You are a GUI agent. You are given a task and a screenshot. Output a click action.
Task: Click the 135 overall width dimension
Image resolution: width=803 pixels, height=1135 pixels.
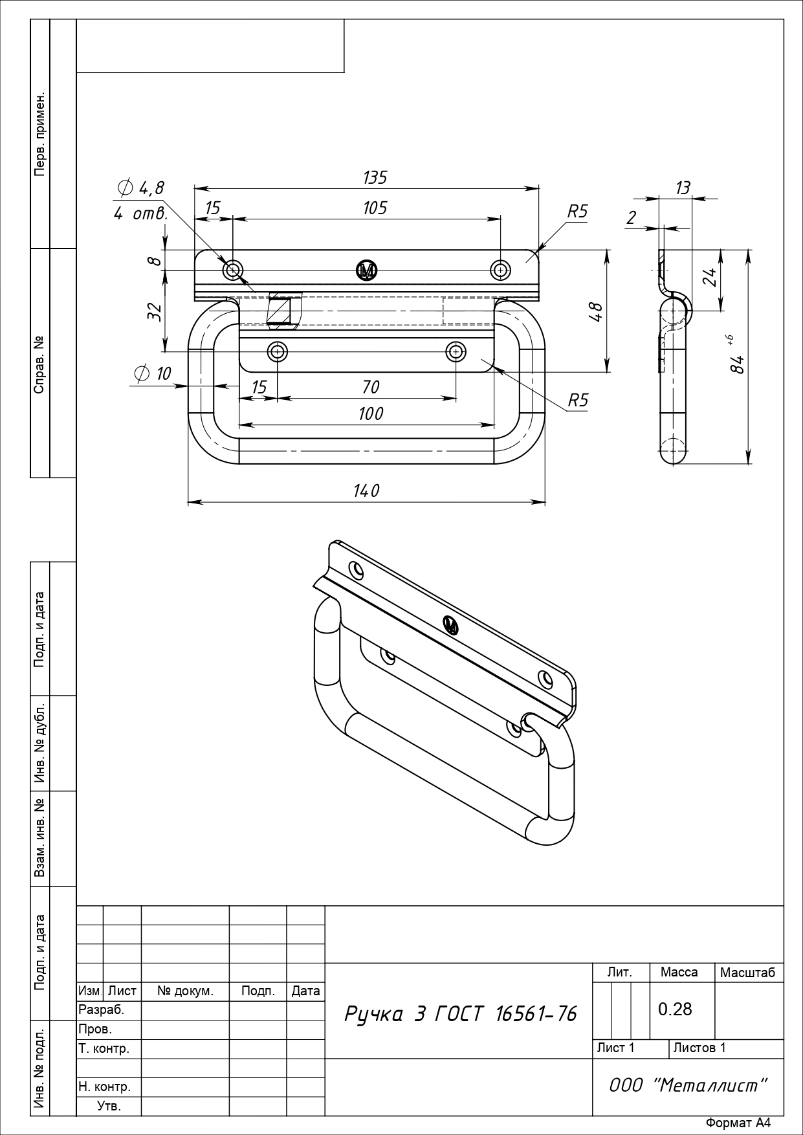click(375, 177)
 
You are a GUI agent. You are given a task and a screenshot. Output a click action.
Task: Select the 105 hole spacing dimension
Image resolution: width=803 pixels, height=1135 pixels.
click(375, 208)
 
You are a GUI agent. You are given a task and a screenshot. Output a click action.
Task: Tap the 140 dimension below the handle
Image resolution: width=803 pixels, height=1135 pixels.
click(366, 491)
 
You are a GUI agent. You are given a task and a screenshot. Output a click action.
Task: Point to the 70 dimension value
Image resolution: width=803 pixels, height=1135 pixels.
click(371, 387)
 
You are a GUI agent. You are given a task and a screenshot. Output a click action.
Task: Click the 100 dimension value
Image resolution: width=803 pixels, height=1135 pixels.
click(371, 413)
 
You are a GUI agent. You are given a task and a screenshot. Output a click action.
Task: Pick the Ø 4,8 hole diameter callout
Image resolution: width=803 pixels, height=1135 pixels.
click(140, 188)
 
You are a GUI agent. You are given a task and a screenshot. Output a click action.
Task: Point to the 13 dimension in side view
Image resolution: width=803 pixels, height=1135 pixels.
click(683, 188)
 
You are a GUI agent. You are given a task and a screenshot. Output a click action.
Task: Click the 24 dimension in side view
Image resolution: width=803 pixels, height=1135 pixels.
click(710, 277)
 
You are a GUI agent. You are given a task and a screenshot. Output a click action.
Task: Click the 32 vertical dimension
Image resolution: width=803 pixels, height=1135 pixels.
click(154, 311)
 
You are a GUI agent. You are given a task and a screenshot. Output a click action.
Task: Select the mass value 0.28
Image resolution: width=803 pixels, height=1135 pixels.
click(675, 1009)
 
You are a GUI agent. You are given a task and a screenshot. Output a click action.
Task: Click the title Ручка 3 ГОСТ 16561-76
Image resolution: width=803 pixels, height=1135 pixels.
click(460, 1014)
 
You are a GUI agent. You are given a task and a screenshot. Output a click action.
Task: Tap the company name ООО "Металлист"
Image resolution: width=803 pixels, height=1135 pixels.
click(688, 1085)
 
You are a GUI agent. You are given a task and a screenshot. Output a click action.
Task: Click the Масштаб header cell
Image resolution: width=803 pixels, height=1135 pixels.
click(747, 973)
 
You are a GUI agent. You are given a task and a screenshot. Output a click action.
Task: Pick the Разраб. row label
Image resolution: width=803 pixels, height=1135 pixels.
click(101, 1009)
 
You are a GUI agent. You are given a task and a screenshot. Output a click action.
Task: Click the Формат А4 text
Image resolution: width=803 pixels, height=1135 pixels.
click(738, 1123)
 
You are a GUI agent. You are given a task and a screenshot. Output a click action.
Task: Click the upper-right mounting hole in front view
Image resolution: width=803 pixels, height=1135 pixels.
click(500, 270)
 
